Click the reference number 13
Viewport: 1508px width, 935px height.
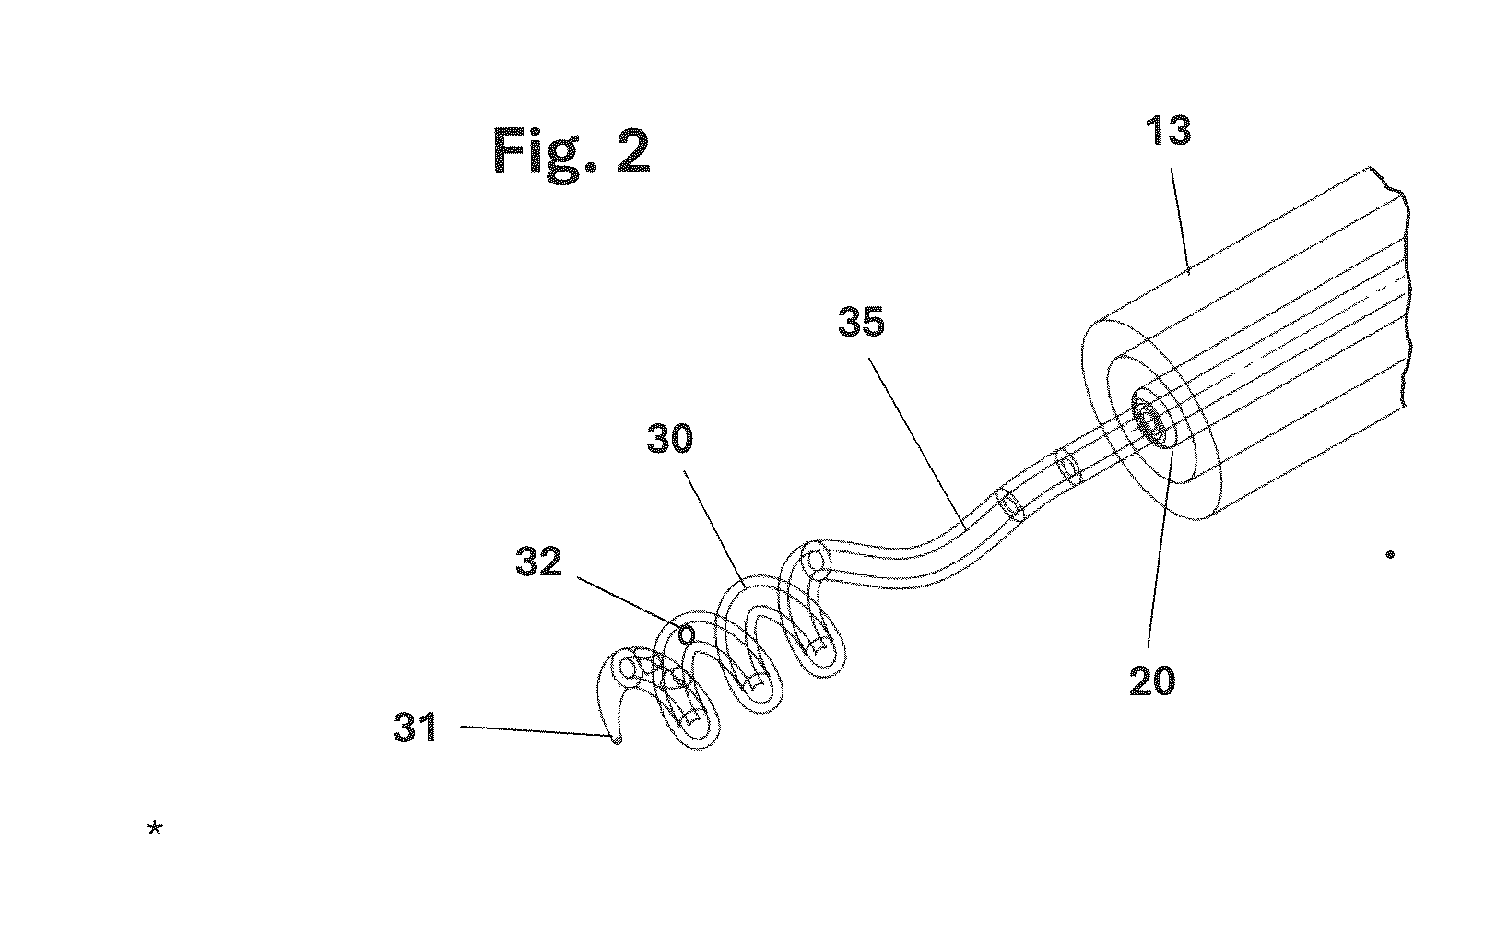pos(1168,131)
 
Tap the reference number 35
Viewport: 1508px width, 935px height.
pos(861,322)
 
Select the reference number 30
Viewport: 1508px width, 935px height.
pos(670,439)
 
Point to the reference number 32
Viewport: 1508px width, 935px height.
pos(538,562)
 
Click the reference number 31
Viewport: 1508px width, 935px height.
pos(416,728)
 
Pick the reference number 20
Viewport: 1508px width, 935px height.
pos(1152,681)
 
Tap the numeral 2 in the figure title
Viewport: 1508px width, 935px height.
pos(633,151)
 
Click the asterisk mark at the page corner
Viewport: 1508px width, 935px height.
pos(155,828)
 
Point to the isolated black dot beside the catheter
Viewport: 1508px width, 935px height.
pos(1390,554)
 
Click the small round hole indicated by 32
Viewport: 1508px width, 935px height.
pos(687,633)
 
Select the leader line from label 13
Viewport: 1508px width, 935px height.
pos(1180,221)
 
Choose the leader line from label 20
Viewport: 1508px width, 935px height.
pos(1160,550)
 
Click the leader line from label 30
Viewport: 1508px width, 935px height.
pos(713,526)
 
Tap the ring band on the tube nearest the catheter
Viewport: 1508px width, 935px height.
pos(1066,467)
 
